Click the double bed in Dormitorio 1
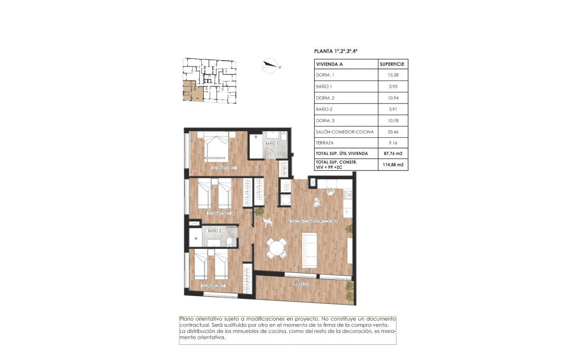(216, 147)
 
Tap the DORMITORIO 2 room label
(220, 213)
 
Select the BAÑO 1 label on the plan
(272, 143)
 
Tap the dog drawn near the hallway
(268, 221)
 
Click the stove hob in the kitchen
(347, 194)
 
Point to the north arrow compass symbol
(270, 66)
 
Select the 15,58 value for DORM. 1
(392, 75)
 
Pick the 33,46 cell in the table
(392, 132)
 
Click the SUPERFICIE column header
(392, 64)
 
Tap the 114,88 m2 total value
(392, 165)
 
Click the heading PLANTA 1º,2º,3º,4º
(336, 51)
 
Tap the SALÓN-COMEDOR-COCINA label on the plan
(314, 222)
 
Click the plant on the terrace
(349, 290)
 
